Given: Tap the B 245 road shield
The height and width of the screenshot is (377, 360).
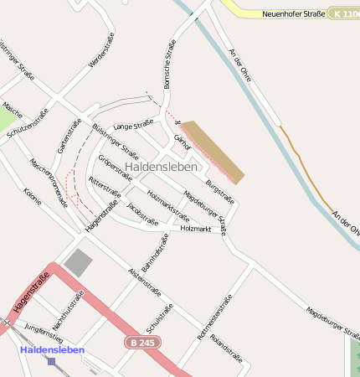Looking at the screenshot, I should click(143, 343).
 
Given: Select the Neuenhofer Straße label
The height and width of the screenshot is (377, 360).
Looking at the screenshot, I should click(294, 14).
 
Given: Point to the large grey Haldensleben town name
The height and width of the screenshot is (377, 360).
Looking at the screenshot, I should click(161, 167).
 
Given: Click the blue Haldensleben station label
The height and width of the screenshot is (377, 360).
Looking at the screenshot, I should click(52, 349).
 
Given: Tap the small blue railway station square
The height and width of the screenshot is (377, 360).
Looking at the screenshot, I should click(52, 362).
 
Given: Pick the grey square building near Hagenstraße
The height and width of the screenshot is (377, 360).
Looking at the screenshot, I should click(79, 262).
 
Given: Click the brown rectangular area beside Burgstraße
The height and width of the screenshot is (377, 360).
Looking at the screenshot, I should click(214, 152).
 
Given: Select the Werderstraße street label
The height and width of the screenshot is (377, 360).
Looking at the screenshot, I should click(100, 51).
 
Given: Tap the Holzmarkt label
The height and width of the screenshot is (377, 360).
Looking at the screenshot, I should click(195, 229).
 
